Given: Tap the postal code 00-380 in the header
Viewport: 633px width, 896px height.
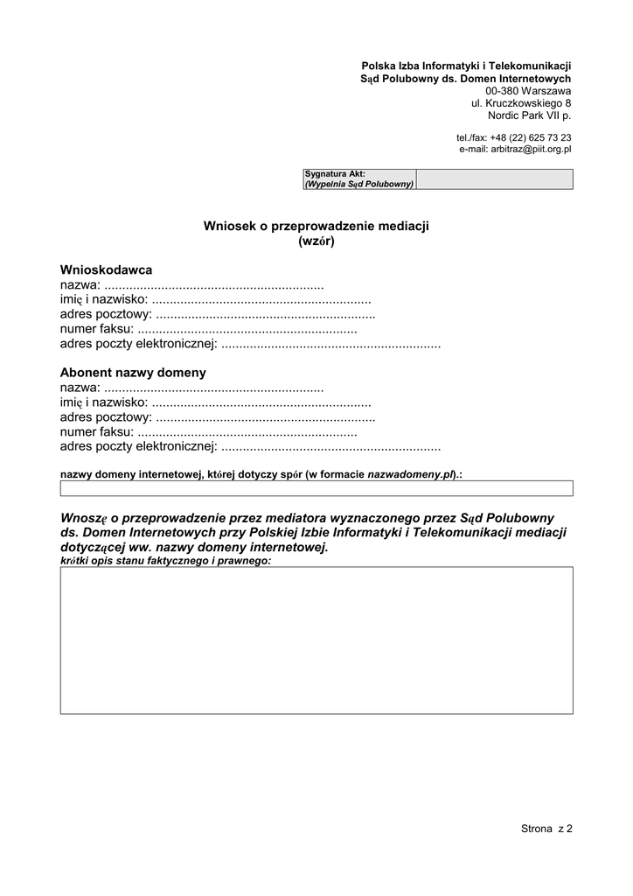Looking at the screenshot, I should click(x=503, y=91).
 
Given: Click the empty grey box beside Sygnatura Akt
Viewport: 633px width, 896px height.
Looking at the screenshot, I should click(x=494, y=179).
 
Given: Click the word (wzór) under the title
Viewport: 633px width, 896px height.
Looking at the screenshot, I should click(x=316, y=241).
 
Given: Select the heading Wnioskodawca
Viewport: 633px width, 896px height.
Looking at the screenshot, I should click(x=106, y=269).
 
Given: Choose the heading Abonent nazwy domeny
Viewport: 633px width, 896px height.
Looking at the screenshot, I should click(x=133, y=372).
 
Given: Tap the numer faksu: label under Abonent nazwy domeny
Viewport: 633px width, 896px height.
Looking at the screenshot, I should click(x=97, y=432).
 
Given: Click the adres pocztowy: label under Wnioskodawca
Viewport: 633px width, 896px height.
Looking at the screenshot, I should click(x=106, y=315).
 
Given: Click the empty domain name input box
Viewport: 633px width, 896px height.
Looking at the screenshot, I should click(x=316, y=488).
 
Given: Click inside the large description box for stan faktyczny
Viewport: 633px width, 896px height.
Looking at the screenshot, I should click(x=316, y=640).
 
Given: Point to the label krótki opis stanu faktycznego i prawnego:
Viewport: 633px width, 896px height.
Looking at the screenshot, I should click(x=166, y=560).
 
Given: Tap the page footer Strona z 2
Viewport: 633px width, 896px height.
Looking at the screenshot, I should click(x=546, y=829).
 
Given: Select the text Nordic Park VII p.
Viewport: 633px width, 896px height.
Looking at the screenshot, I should click(x=529, y=115).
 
